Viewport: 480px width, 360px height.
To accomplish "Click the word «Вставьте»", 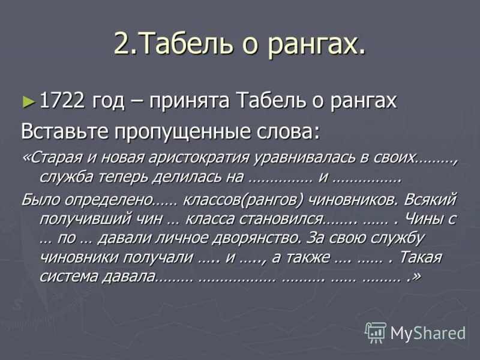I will [x=60, y=130].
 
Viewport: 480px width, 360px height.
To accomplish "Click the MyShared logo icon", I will [x=376, y=332].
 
